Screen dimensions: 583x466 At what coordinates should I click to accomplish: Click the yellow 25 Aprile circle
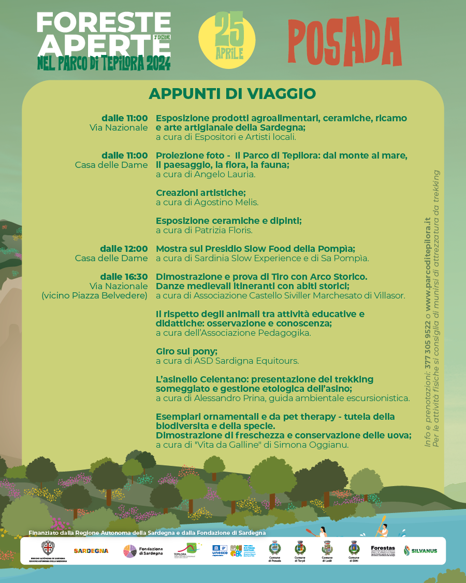227,39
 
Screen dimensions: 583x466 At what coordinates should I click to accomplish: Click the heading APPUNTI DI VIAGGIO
232,93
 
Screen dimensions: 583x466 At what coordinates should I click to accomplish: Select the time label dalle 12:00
124,249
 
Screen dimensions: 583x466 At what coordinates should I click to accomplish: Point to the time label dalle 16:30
124,276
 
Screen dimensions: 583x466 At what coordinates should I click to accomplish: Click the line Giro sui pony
187,351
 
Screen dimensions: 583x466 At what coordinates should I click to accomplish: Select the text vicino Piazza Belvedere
95,295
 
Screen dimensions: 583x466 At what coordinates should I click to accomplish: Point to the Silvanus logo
420,550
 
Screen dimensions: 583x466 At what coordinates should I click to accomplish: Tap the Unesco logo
220,550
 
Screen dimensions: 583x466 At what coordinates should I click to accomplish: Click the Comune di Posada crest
274,548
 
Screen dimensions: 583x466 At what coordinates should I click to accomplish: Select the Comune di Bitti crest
354,548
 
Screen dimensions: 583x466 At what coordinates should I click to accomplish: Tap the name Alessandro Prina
227,398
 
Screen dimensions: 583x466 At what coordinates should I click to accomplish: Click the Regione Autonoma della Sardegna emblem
48,548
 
